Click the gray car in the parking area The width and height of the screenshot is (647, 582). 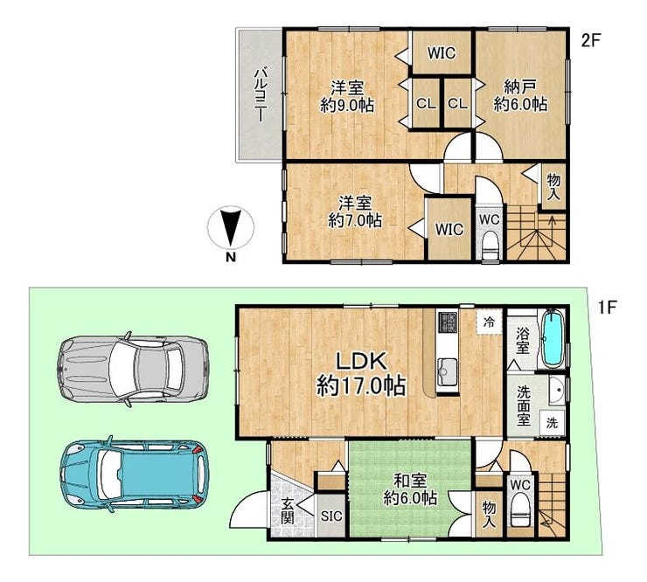(x=132, y=368)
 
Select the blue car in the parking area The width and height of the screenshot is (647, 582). (x=134, y=475)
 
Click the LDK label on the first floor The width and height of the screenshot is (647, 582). (x=361, y=361)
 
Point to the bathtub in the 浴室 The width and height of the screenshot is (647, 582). (x=553, y=338)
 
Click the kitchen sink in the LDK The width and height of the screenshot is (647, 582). (x=448, y=368)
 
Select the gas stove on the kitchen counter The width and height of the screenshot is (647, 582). (x=448, y=322)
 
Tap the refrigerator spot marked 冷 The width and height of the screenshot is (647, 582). (x=489, y=322)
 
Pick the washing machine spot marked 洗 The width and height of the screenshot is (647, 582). (x=552, y=422)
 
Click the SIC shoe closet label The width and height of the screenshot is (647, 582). (x=331, y=516)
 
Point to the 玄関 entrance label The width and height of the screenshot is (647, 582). (x=287, y=511)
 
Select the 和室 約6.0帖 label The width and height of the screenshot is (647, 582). (x=410, y=489)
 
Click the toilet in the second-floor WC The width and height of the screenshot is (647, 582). (x=490, y=245)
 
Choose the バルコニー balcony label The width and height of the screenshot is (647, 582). (x=260, y=96)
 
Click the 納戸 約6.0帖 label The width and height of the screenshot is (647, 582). (x=521, y=96)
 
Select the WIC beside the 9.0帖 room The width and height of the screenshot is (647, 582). (x=442, y=52)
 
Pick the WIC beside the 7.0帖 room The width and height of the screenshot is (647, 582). (x=449, y=229)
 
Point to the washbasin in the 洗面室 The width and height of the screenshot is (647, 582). (x=557, y=390)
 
